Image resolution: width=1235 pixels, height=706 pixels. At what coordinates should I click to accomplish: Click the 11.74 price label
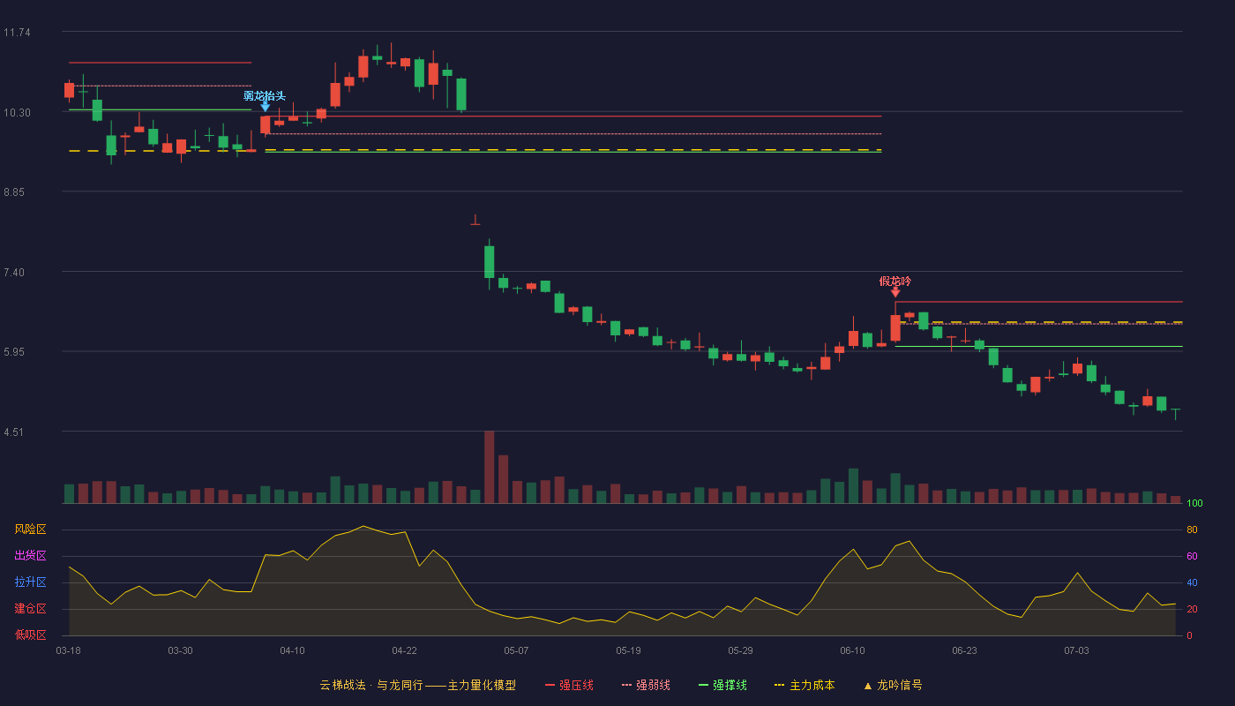[17, 33]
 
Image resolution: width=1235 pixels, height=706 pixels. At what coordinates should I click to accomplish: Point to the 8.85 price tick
[14, 192]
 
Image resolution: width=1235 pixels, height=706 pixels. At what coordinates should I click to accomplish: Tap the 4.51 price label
[14, 432]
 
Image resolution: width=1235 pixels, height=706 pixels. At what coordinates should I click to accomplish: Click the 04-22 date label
[404, 651]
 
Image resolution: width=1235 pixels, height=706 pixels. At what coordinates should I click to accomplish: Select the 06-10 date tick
[852, 651]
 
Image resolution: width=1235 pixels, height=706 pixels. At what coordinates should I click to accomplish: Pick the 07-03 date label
[1076, 651]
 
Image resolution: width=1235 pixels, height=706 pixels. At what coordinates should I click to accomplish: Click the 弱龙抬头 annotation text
[265, 96]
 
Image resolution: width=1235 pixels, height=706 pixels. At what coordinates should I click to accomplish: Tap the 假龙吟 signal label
[894, 282]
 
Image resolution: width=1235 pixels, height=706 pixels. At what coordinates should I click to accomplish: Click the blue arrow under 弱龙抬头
[266, 107]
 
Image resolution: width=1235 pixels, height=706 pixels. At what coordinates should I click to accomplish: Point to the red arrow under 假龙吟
[895, 292]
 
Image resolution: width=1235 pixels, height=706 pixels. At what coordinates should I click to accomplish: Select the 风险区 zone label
[30, 529]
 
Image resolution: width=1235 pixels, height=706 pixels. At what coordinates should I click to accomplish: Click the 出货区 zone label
[30, 555]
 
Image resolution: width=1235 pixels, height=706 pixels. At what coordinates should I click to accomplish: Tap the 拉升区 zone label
[30, 582]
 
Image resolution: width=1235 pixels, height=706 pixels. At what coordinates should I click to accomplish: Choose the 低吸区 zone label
[30, 635]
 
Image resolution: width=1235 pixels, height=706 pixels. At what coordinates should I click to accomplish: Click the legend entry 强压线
[570, 685]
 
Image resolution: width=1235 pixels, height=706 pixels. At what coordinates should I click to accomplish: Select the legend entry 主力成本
[805, 685]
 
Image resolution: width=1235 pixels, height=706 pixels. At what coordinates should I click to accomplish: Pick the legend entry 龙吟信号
[893, 685]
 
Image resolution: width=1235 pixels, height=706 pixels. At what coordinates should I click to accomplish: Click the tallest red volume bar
[489, 467]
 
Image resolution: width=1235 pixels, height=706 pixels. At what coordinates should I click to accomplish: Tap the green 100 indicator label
[1194, 503]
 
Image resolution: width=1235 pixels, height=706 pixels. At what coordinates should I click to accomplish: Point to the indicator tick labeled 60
[1192, 556]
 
